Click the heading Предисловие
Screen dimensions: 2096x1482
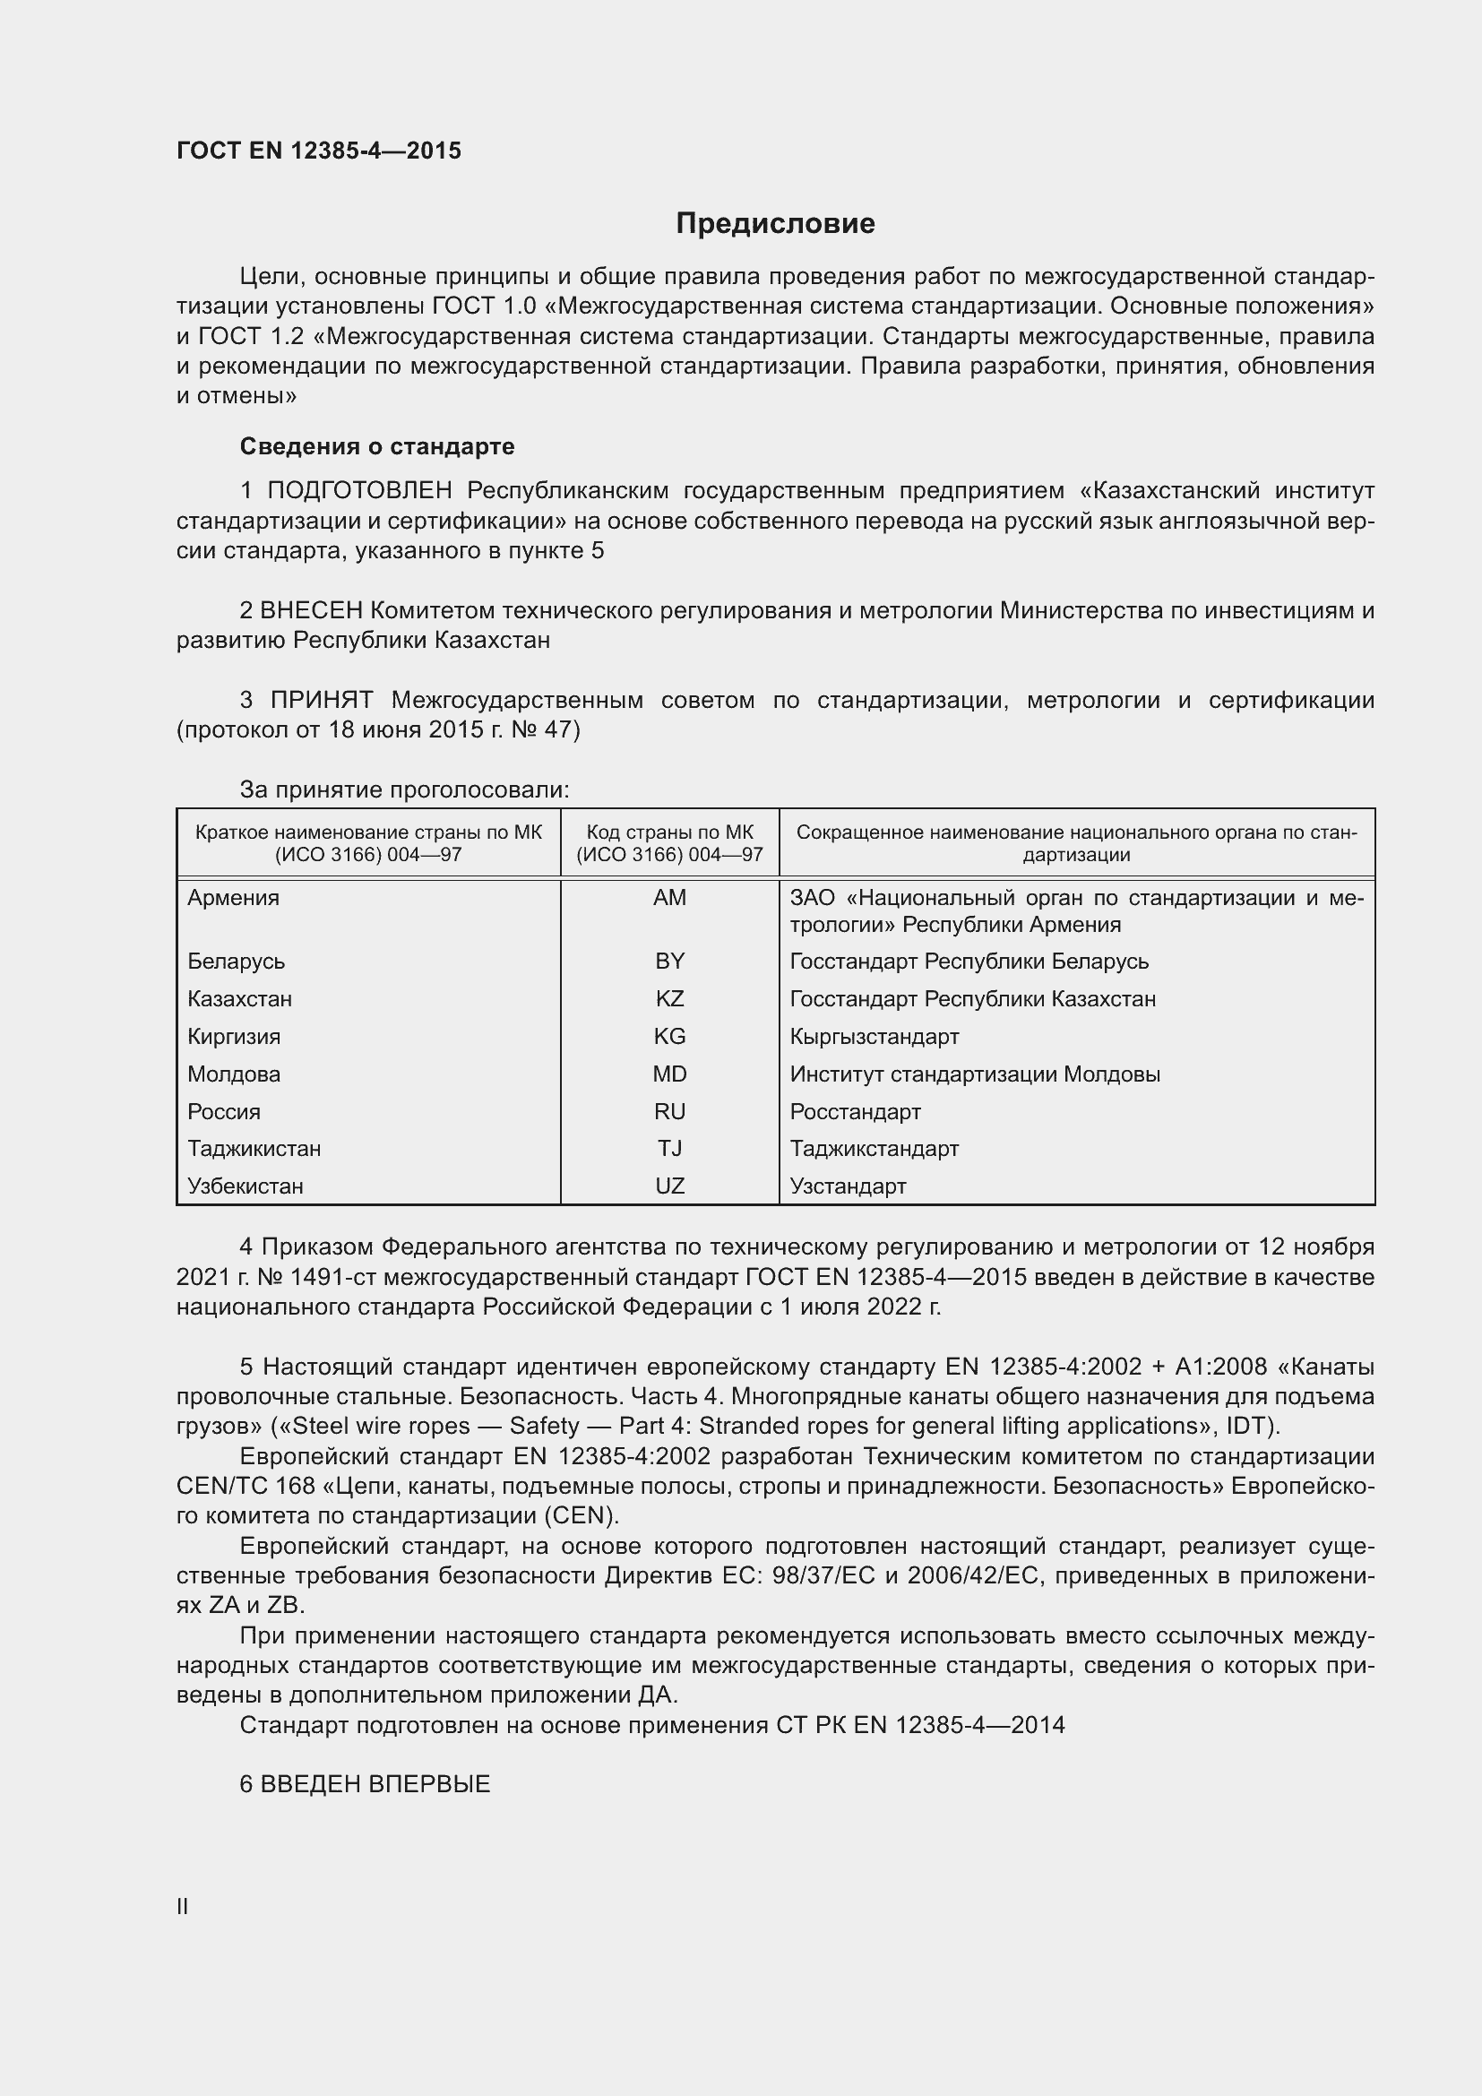775,224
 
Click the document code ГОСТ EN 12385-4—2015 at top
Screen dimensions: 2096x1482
318,151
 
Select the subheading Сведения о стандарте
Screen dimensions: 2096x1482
377,446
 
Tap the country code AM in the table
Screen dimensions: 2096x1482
669,897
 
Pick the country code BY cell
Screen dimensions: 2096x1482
669,962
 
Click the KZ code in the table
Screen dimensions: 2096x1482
669,998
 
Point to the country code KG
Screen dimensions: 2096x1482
669,1036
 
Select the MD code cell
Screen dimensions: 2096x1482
669,1074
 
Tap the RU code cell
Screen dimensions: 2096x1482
669,1111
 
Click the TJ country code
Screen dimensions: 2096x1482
669,1149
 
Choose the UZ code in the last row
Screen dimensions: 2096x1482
669,1186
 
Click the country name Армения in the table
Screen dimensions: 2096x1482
234,897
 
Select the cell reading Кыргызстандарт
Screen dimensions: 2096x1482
875,1036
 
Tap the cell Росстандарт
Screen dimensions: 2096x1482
855,1111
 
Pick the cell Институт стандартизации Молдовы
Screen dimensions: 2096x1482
975,1074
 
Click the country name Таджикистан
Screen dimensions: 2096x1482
254,1149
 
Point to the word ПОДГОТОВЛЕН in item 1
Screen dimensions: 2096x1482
359,491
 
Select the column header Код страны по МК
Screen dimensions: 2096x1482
669,832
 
